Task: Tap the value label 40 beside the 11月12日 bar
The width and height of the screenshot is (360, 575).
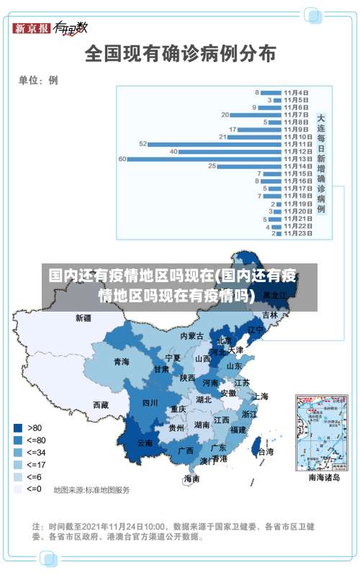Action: (174, 151)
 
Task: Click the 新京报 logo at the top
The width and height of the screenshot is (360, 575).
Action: (32, 28)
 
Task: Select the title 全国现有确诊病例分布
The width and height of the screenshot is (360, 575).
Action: (180, 53)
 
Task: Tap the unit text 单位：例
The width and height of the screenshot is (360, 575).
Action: (38, 81)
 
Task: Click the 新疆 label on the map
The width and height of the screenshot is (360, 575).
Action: (84, 317)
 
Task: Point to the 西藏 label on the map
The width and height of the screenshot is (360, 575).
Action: (101, 404)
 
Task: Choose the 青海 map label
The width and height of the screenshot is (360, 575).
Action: (121, 362)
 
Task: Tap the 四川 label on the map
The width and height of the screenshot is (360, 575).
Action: (150, 402)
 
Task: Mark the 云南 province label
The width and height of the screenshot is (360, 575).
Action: (145, 443)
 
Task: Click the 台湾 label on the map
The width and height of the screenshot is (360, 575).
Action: (265, 452)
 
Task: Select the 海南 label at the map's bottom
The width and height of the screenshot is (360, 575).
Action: (192, 478)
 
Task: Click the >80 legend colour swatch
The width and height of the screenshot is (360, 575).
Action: (17, 427)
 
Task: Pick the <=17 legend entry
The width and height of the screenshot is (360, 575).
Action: (29, 464)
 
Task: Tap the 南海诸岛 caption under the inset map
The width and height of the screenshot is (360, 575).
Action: (324, 477)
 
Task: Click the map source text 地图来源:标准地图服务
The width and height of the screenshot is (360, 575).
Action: (91, 490)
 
